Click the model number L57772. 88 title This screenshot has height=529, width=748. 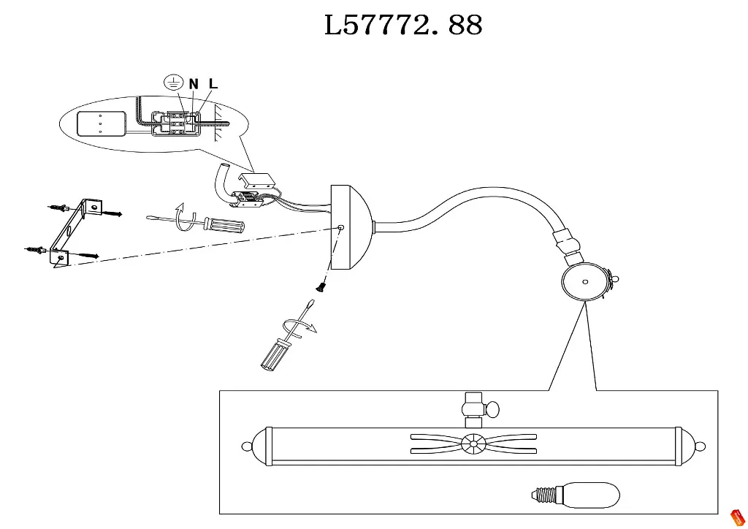(x=403, y=26)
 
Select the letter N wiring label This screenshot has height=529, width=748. (x=194, y=84)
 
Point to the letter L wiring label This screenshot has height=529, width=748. (x=213, y=84)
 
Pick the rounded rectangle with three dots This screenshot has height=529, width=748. (x=101, y=123)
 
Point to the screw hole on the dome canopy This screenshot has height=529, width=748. (x=341, y=228)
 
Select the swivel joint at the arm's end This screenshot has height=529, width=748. (x=567, y=246)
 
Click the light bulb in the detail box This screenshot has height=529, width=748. (x=577, y=495)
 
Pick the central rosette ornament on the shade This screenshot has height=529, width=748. (x=473, y=443)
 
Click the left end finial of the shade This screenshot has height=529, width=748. (x=248, y=446)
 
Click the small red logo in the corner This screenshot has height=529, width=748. (x=738, y=517)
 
